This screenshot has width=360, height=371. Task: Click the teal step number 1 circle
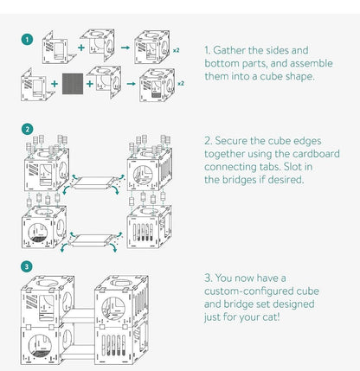[x=27, y=40]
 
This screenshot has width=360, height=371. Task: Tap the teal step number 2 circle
[x=27, y=130]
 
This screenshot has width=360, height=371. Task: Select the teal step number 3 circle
[x=27, y=266]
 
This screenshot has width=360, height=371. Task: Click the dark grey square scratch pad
[x=73, y=84]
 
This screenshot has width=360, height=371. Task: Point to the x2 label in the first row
[x=176, y=50]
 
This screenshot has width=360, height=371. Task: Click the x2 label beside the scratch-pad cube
[x=181, y=84]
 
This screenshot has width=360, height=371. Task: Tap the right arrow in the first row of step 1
[x=125, y=48]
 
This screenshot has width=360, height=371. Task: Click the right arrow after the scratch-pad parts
[x=131, y=84]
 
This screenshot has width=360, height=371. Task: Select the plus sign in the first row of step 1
[x=81, y=48]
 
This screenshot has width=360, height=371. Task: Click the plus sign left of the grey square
[x=55, y=84]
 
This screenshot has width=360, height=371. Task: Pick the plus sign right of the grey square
[x=90, y=84]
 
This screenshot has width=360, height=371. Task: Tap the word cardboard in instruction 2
[x=316, y=154]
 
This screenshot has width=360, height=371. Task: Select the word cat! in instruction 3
[x=271, y=317]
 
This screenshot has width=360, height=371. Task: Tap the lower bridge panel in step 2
[x=91, y=240]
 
